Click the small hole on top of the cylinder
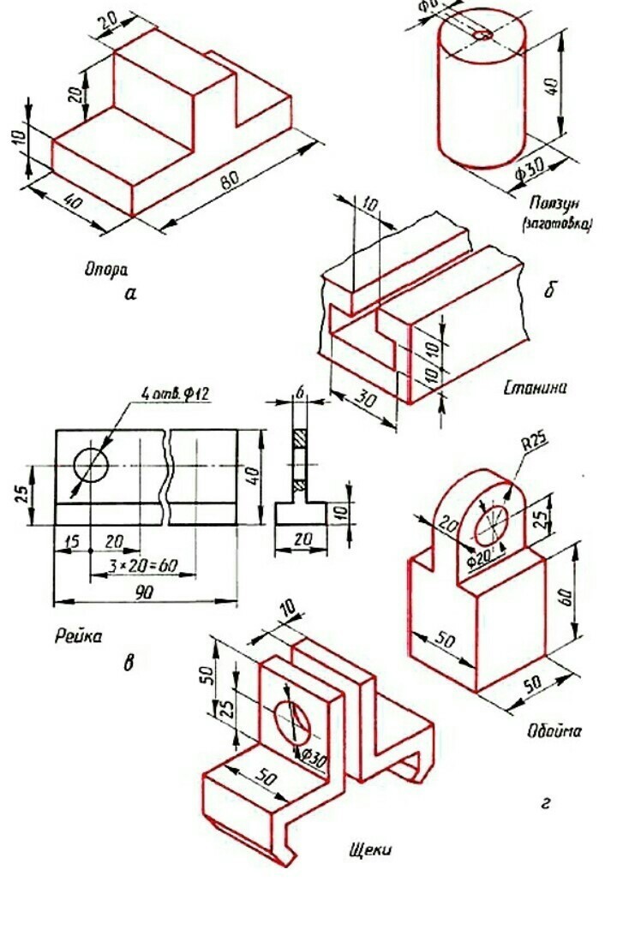pos(482,35)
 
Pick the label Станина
pos(536,388)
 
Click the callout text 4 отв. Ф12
pos(175,394)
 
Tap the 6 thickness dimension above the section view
pos(301,392)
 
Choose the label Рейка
pos(78,635)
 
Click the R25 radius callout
pos(534,445)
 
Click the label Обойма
pos(554,731)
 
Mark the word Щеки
pos(370,849)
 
